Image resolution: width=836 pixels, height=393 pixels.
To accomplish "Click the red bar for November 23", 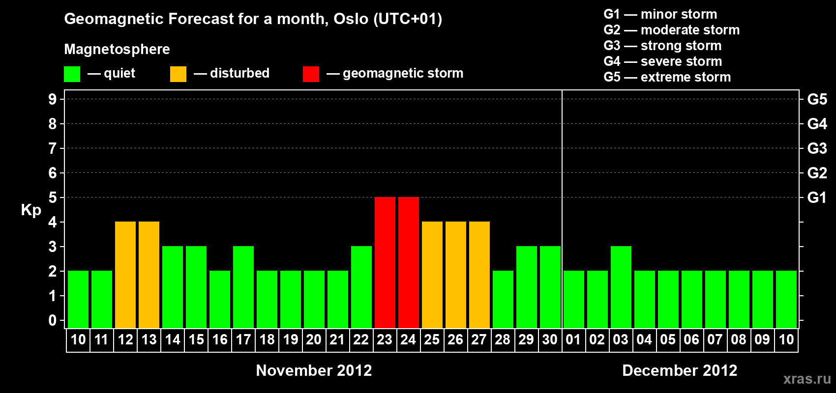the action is tap(385, 262).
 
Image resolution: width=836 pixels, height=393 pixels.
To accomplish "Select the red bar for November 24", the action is tap(409, 262).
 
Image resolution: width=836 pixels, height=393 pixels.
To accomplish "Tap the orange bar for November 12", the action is tap(125, 275).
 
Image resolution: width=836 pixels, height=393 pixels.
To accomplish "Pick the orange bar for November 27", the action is tap(479, 275).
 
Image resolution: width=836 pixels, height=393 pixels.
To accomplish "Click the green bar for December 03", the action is tap(621, 287).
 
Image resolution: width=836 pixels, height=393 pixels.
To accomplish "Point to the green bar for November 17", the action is tap(243, 287).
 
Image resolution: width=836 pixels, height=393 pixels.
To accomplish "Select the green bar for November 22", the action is tap(361, 287).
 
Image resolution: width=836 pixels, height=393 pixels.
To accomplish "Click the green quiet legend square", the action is tap(72, 74).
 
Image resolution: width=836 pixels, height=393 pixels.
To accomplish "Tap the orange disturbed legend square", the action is tap(178, 74).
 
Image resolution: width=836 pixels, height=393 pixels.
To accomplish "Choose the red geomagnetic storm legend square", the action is tap(311, 74).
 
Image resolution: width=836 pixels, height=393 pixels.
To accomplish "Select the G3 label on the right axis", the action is tap(817, 148).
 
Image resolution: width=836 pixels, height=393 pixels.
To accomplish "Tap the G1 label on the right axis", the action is tap(817, 197).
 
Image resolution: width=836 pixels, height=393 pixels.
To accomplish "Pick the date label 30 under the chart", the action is tap(550, 339).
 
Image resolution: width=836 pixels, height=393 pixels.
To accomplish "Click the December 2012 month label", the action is tap(680, 370).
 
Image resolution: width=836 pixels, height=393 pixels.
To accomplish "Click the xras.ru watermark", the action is tap(807, 379).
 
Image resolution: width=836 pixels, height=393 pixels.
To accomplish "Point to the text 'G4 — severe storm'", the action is tap(663, 61).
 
